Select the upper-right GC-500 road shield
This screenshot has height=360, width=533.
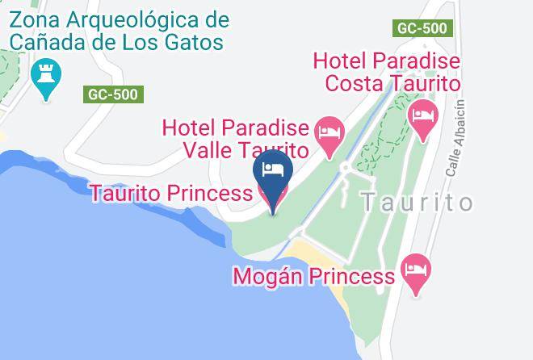422,28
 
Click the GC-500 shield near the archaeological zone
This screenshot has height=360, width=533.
113,94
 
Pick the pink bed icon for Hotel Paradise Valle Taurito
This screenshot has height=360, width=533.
329,132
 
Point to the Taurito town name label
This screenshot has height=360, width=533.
417,202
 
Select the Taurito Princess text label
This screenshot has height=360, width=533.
171,194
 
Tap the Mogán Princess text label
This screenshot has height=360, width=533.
313,277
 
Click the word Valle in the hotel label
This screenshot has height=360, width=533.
208,150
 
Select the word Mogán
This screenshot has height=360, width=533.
266,277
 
